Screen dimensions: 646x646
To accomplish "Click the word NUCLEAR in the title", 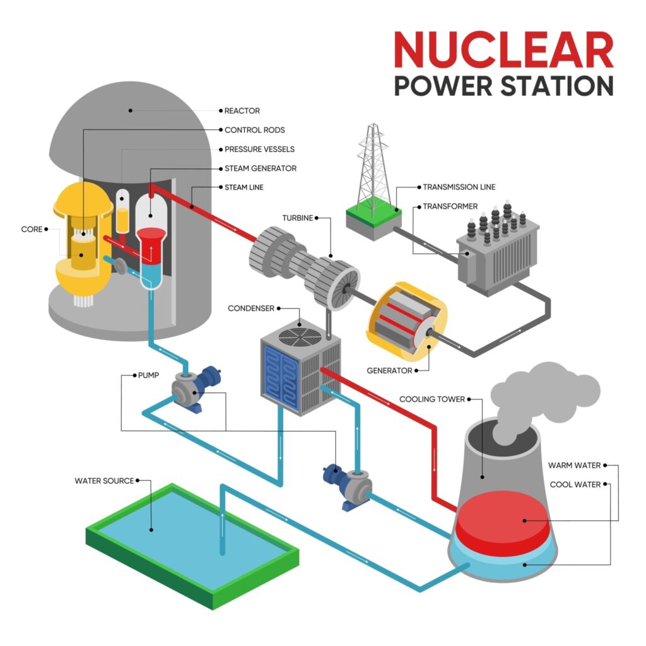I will (x=503, y=50).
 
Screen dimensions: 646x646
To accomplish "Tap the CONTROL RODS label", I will (x=255, y=130).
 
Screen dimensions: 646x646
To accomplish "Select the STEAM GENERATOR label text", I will (x=260, y=168).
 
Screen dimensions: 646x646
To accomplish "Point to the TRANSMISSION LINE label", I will (x=459, y=187).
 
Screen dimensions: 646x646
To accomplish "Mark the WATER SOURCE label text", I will (x=104, y=481).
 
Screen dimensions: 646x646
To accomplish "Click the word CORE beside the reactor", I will (x=32, y=229).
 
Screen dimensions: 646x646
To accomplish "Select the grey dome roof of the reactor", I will (x=132, y=126).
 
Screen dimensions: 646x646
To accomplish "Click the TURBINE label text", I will (x=298, y=218).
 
